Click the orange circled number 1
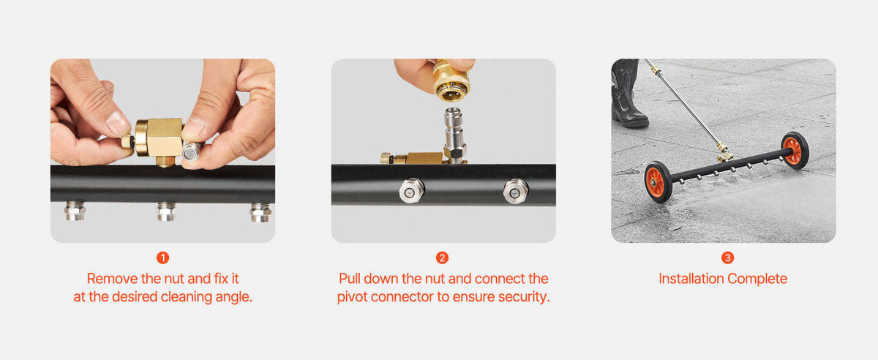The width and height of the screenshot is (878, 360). coord(162,258)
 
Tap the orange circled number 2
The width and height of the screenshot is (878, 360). coord(442,258)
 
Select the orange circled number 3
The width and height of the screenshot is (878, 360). coord(727,258)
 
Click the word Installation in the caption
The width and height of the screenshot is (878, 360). coord(691,279)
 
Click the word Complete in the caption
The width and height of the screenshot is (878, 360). coord(757,279)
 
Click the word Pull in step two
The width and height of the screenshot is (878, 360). coord(350,279)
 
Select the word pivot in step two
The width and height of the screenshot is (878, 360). coord(352,297)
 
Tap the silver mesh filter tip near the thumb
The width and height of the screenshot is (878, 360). coord(191,151)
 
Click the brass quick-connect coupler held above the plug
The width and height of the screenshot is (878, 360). coord(451,80)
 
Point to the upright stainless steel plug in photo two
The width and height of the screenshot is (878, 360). coord(454,133)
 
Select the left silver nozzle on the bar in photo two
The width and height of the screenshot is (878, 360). coord(411,191)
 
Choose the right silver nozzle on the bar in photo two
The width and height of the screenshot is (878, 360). coord(516,191)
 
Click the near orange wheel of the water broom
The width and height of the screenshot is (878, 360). coord(658,182)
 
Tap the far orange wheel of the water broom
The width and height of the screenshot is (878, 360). coord(795,150)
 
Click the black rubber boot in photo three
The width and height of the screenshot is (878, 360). coord(629,94)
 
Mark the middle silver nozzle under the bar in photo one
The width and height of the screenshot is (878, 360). coord(167,211)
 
